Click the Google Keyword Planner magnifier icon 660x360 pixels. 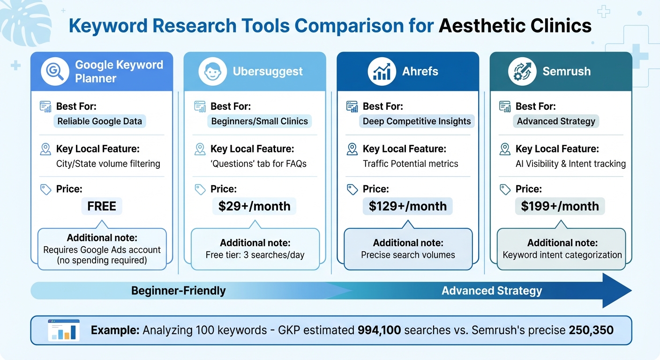point(55,71)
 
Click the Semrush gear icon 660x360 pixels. point(522,71)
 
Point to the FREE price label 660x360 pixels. point(102,206)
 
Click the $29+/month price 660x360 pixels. point(255,206)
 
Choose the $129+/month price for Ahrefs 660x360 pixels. point(408,206)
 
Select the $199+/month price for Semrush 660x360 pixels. point(560,206)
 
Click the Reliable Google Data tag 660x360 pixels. point(99,121)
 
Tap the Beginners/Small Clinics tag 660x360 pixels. point(259,121)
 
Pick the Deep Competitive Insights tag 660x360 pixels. point(417,121)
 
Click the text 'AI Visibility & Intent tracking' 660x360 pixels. point(570,164)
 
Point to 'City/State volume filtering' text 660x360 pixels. point(108,164)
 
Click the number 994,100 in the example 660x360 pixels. point(379,330)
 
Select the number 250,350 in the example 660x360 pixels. point(591,330)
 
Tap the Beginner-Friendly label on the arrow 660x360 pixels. point(178,291)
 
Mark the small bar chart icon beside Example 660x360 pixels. point(64,330)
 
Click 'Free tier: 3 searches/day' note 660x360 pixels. point(255,255)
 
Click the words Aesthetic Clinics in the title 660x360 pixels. point(515,26)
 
